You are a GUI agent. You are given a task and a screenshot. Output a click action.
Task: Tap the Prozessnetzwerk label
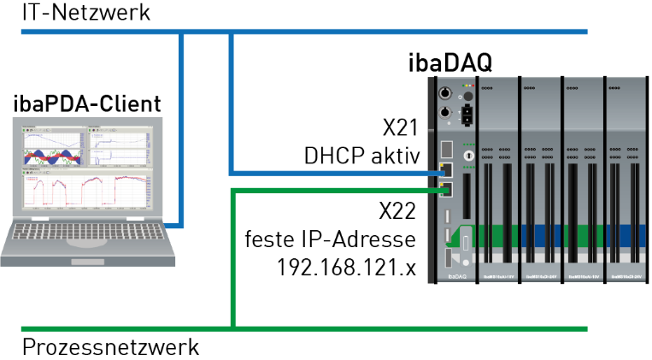[x=110, y=347]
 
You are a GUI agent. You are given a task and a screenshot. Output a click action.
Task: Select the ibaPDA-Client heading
[x=87, y=104]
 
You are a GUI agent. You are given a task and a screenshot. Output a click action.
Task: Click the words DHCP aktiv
[x=360, y=156]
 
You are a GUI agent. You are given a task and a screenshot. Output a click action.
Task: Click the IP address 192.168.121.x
[x=346, y=267]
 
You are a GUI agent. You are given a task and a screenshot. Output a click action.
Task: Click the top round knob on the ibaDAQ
[x=444, y=92]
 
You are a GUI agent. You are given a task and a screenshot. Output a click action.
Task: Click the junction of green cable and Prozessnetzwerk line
[x=232, y=328]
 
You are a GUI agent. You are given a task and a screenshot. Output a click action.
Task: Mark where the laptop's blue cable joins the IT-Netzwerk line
[x=182, y=32]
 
